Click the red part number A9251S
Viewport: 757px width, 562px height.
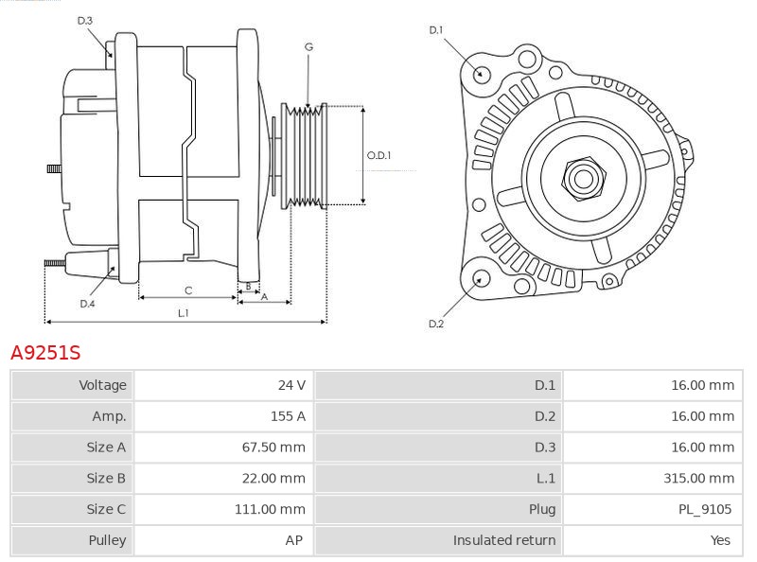click(44, 353)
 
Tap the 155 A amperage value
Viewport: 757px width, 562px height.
click(288, 416)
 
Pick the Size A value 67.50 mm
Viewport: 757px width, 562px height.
click(273, 448)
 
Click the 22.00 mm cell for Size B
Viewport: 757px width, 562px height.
click(273, 479)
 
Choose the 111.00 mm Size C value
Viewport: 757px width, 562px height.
click(270, 509)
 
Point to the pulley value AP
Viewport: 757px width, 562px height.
click(294, 540)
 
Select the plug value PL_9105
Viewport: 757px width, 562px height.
click(703, 509)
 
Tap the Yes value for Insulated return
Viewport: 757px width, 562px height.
click(720, 540)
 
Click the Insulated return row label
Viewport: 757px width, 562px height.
click(503, 540)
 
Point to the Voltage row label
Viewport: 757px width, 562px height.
click(102, 385)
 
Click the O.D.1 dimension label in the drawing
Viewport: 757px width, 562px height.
click(379, 155)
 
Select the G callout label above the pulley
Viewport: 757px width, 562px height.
click(308, 46)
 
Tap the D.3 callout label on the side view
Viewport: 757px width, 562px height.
click(85, 20)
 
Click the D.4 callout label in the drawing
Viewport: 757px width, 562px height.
click(87, 304)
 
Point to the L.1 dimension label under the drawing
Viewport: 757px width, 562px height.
click(184, 312)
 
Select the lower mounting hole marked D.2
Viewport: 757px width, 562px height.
click(480, 278)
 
